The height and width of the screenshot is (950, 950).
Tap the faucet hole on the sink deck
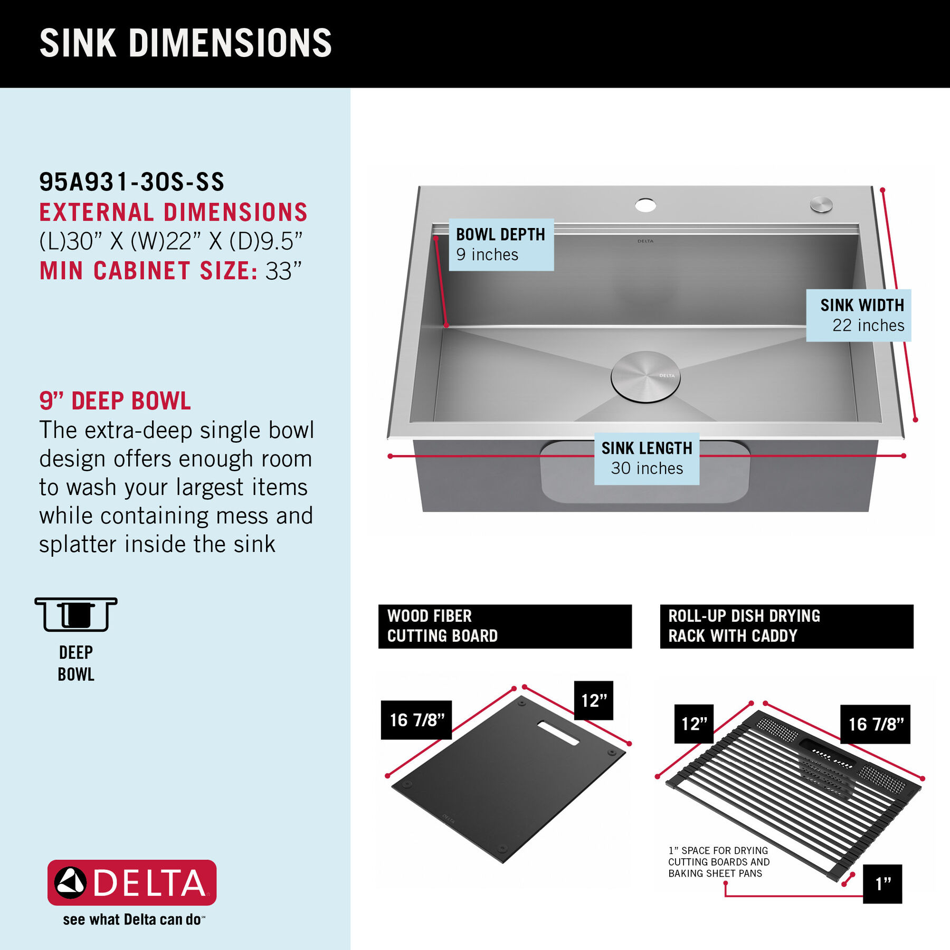click(x=645, y=205)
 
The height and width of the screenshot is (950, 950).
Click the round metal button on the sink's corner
click(x=821, y=204)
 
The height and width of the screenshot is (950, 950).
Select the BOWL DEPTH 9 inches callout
click(x=501, y=244)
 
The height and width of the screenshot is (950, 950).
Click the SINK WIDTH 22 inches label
click(x=859, y=315)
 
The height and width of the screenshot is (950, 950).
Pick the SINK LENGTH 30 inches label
click(x=647, y=458)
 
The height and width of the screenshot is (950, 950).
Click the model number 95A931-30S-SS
click(x=132, y=182)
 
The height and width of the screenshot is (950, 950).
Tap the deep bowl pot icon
click(x=76, y=614)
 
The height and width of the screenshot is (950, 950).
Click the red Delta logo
click(x=132, y=882)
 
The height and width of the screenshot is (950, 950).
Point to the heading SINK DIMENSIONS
click(x=186, y=43)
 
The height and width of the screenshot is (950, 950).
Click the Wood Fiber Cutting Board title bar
click(x=505, y=626)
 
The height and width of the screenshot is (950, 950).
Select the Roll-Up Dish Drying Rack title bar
click(x=786, y=626)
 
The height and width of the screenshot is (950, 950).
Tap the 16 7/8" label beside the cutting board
click(x=416, y=720)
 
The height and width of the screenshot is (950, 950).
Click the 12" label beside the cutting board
click(x=594, y=700)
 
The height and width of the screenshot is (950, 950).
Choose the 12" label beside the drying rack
click(x=694, y=724)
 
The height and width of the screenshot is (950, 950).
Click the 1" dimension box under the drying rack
click(x=882, y=883)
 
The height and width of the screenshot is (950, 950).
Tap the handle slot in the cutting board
click(x=558, y=733)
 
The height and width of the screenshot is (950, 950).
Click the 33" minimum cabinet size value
click(x=283, y=271)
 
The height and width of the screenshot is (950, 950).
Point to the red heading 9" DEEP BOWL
click(x=115, y=401)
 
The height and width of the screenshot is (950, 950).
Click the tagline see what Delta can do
click(x=133, y=919)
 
